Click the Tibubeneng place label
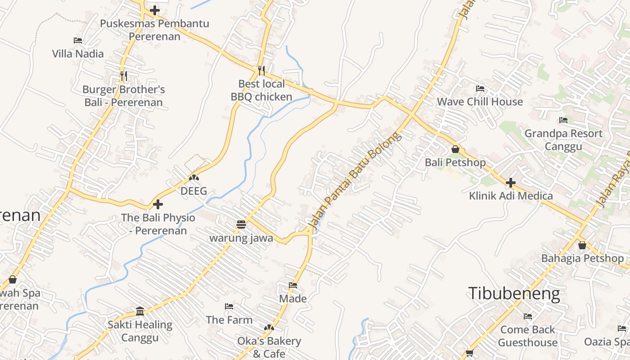point(514,293)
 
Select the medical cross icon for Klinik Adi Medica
point(510,183)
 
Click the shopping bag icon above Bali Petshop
point(455,149)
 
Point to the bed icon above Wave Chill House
point(480,88)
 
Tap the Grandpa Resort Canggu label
point(563,139)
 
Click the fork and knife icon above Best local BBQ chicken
point(261,70)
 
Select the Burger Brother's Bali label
point(123,96)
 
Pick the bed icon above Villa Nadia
point(78,40)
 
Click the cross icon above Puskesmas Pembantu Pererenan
point(155,10)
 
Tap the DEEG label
point(193,191)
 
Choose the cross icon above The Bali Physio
point(157,204)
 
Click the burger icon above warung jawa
point(241,225)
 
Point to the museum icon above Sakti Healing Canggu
point(140,311)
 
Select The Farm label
point(229,319)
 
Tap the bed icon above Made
point(293,285)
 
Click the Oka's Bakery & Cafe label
point(269,347)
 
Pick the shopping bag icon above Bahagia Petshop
point(582,245)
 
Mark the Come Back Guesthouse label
point(527,336)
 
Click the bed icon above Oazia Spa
point(622,328)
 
